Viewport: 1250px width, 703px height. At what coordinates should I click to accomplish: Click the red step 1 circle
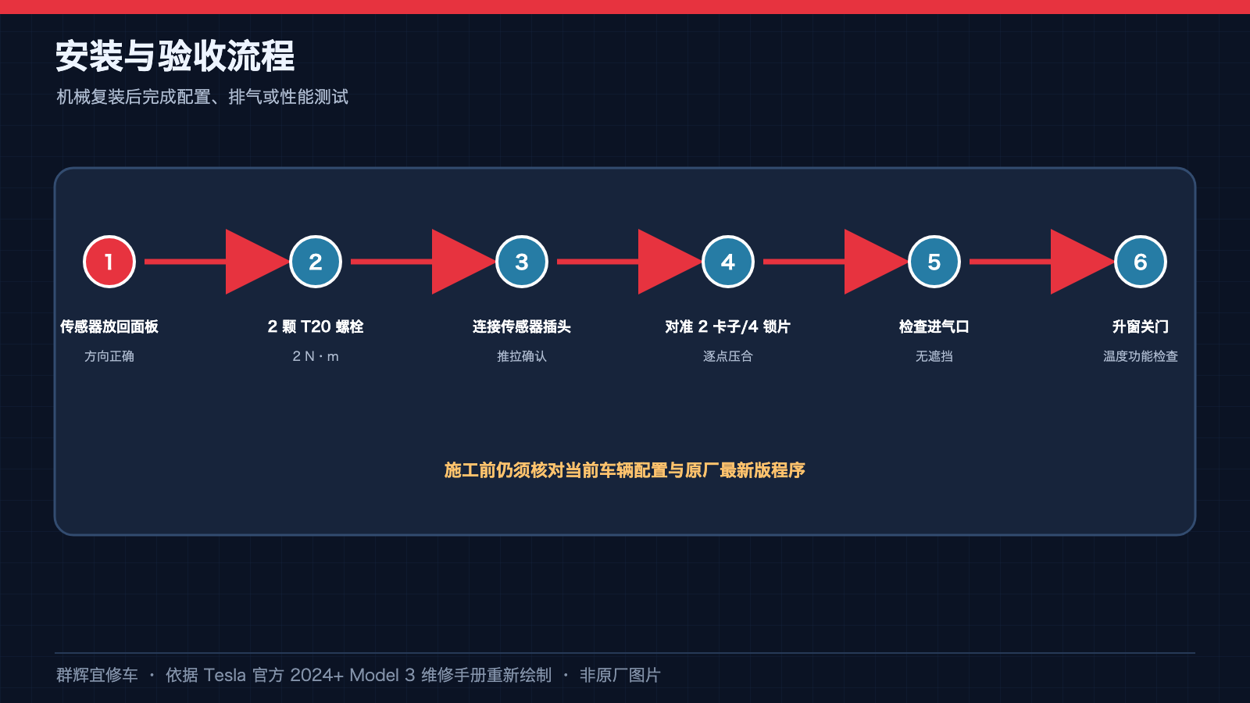point(109,262)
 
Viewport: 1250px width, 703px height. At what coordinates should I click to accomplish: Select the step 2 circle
point(316,262)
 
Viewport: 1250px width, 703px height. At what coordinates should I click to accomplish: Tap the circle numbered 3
point(522,262)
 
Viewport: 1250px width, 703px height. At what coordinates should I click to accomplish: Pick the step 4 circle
point(727,262)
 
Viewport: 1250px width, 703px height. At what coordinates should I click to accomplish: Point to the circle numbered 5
point(934,262)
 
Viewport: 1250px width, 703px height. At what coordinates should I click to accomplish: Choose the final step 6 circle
point(1140,262)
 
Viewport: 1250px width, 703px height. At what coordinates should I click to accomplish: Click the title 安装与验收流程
point(175,56)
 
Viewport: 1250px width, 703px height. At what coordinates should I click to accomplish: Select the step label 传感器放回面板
point(109,327)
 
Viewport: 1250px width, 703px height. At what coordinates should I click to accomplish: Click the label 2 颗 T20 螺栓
point(316,327)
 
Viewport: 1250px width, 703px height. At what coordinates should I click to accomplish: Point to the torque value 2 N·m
point(316,356)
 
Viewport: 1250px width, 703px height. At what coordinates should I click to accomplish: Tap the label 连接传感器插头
point(522,327)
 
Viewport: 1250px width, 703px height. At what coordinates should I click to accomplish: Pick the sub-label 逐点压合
point(727,356)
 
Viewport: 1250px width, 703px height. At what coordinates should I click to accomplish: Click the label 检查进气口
point(934,327)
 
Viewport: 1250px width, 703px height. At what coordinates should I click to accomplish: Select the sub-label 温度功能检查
point(1140,356)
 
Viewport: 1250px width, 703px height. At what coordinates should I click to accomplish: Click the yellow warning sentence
point(625,470)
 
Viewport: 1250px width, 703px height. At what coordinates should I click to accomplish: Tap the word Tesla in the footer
point(224,675)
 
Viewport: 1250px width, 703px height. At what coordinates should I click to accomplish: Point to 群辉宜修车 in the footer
point(97,675)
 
